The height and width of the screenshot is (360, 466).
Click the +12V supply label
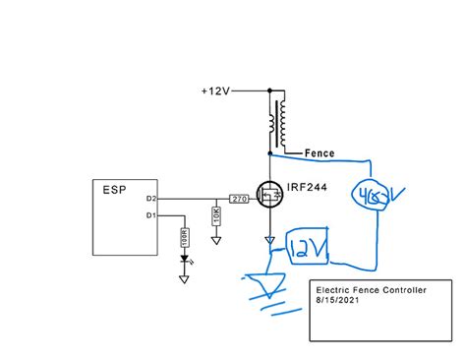[x=214, y=90]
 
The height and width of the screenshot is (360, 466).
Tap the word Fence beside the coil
[x=320, y=153]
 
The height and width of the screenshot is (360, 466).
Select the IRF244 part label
[x=308, y=187]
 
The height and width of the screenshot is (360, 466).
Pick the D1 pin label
[x=150, y=214]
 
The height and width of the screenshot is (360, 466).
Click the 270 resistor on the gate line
[x=239, y=200]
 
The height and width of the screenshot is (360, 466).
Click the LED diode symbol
[x=184, y=261]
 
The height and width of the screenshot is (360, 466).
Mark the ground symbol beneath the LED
[x=184, y=278]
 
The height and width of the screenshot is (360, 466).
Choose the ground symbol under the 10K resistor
[x=216, y=238]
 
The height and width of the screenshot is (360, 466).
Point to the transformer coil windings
[x=278, y=122]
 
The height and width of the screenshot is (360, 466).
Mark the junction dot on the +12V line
[x=268, y=90]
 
